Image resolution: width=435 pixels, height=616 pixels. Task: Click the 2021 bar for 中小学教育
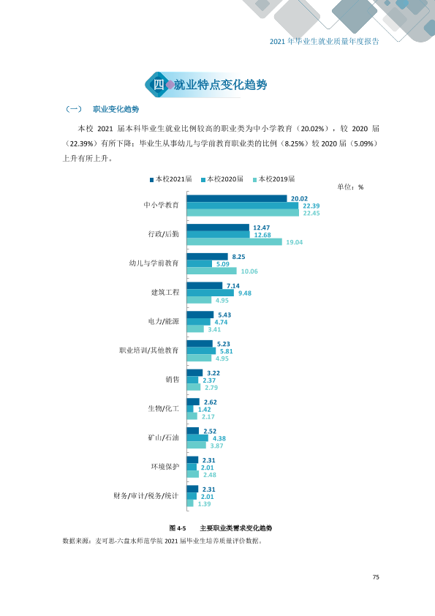(x=237, y=198)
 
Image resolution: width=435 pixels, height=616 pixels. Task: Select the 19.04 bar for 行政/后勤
(x=235, y=242)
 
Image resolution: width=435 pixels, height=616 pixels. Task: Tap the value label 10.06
(x=249, y=271)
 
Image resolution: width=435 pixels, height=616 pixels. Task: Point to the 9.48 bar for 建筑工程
(x=210, y=293)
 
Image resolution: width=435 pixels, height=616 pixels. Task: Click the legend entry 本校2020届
(x=222, y=179)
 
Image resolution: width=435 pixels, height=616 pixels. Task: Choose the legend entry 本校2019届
(x=273, y=179)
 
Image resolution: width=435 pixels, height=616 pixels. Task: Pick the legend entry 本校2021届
(x=171, y=179)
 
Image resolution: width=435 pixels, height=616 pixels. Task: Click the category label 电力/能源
(x=163, y=321)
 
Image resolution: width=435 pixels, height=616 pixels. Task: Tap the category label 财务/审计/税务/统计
(x=146, y=496)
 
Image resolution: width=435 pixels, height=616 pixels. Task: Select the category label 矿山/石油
(x=163, y=437)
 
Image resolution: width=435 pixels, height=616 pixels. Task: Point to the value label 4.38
(x=219, y=438)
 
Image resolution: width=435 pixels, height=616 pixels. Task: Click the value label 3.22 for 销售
(x=213, y=373)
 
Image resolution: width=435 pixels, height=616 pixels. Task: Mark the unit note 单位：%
(x=350, y=187)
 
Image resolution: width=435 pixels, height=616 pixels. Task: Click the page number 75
(x=376, y=577)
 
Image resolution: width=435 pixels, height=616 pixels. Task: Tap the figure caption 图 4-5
(x=178, y=528)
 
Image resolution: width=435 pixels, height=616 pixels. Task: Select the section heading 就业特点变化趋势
(x=220, y=84)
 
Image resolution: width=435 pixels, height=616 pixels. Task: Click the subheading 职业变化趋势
(x=116, y=109)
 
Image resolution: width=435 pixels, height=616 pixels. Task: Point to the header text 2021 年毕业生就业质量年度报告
(x=325, y=41)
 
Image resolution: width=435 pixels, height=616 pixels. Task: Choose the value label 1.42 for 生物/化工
(x=204, y=410)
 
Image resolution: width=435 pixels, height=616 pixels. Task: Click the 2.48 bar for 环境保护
(x=193, y=475)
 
